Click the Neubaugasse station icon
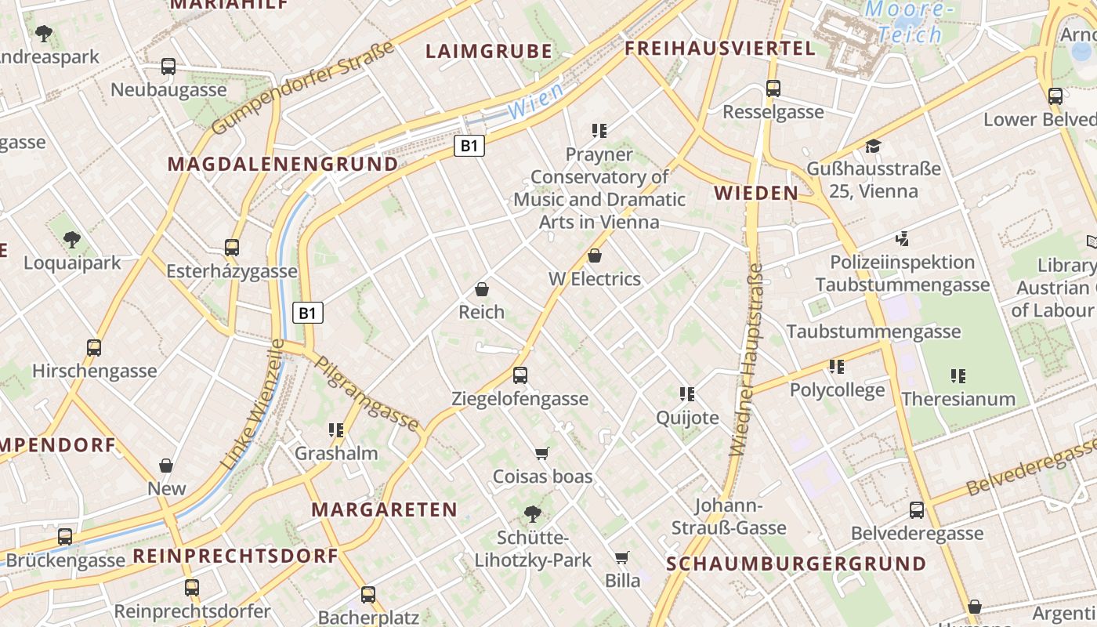(168, 67)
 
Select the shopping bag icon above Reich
(482, 290)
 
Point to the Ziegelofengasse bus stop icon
(520, 375)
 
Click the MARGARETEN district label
(384, 509)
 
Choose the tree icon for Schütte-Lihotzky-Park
(533, 514)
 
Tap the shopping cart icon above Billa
(622, 557)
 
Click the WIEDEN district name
(756, 193)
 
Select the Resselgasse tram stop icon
(773, 89)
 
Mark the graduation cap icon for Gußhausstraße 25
(873, 146)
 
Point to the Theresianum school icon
(958, 376)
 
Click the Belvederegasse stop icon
(917, 511)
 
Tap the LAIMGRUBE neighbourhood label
(489, 52)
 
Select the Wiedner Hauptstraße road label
(746, 361)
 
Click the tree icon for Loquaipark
(72, 240)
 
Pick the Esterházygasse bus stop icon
(232, 248)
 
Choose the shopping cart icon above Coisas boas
(541, 453)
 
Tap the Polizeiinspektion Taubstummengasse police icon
(903, 238)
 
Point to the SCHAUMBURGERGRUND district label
(796, 564)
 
